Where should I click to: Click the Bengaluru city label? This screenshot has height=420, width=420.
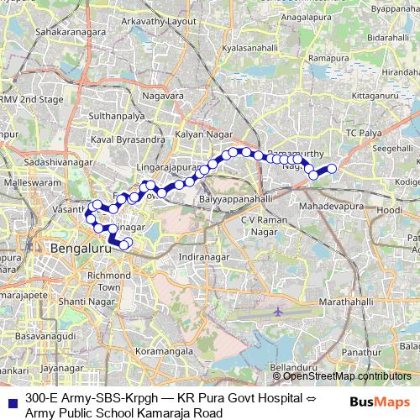(81, 249)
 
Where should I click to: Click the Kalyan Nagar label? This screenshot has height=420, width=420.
(201, 134)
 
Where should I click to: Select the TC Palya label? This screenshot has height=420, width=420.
(365, 134)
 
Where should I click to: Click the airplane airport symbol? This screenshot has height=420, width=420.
(276, 311)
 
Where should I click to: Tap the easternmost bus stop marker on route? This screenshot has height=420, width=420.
(331, 169)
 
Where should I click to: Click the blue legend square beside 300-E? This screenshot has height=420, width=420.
(11, 399)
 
